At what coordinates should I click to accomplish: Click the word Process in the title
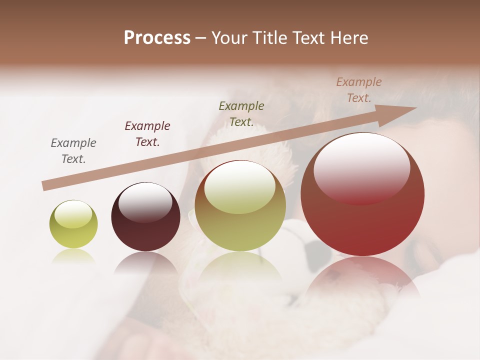157,38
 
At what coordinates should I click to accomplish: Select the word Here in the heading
349,38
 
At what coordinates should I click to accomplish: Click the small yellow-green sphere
73,224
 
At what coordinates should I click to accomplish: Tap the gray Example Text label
73,151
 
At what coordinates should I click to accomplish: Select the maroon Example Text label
147,134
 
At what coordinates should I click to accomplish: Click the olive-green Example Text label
241,113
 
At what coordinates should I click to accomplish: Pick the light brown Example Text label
358,90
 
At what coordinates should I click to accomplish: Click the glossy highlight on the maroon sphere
145,202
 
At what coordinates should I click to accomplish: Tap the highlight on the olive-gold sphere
240,186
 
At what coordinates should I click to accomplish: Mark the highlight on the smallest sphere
73,214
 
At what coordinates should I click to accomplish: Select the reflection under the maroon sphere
145,262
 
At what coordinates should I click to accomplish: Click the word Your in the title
229,38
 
